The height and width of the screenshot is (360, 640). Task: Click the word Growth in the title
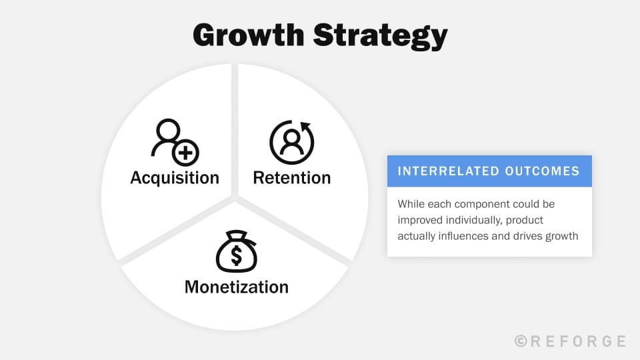pyautogui.click(x=247, y=35)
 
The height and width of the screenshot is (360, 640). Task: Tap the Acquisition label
pyautogui.click(x=175, y=178)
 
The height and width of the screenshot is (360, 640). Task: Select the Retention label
pyautogui.click(x=291, y=178)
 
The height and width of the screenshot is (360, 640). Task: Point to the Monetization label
pyautogui.click(x=236, y=287)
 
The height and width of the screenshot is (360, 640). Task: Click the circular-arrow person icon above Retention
pyautogui.click(x=291, y=142)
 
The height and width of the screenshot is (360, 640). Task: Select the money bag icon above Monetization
pyautogui.click(x=236, y=250)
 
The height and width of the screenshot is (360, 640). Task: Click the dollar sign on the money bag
pyautogui.click(x=236, y=255)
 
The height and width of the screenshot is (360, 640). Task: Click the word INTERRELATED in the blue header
pyautogui.click(x=441, y=171)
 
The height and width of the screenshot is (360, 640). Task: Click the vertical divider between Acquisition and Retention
pyautogui.click(x=235, y=127)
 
